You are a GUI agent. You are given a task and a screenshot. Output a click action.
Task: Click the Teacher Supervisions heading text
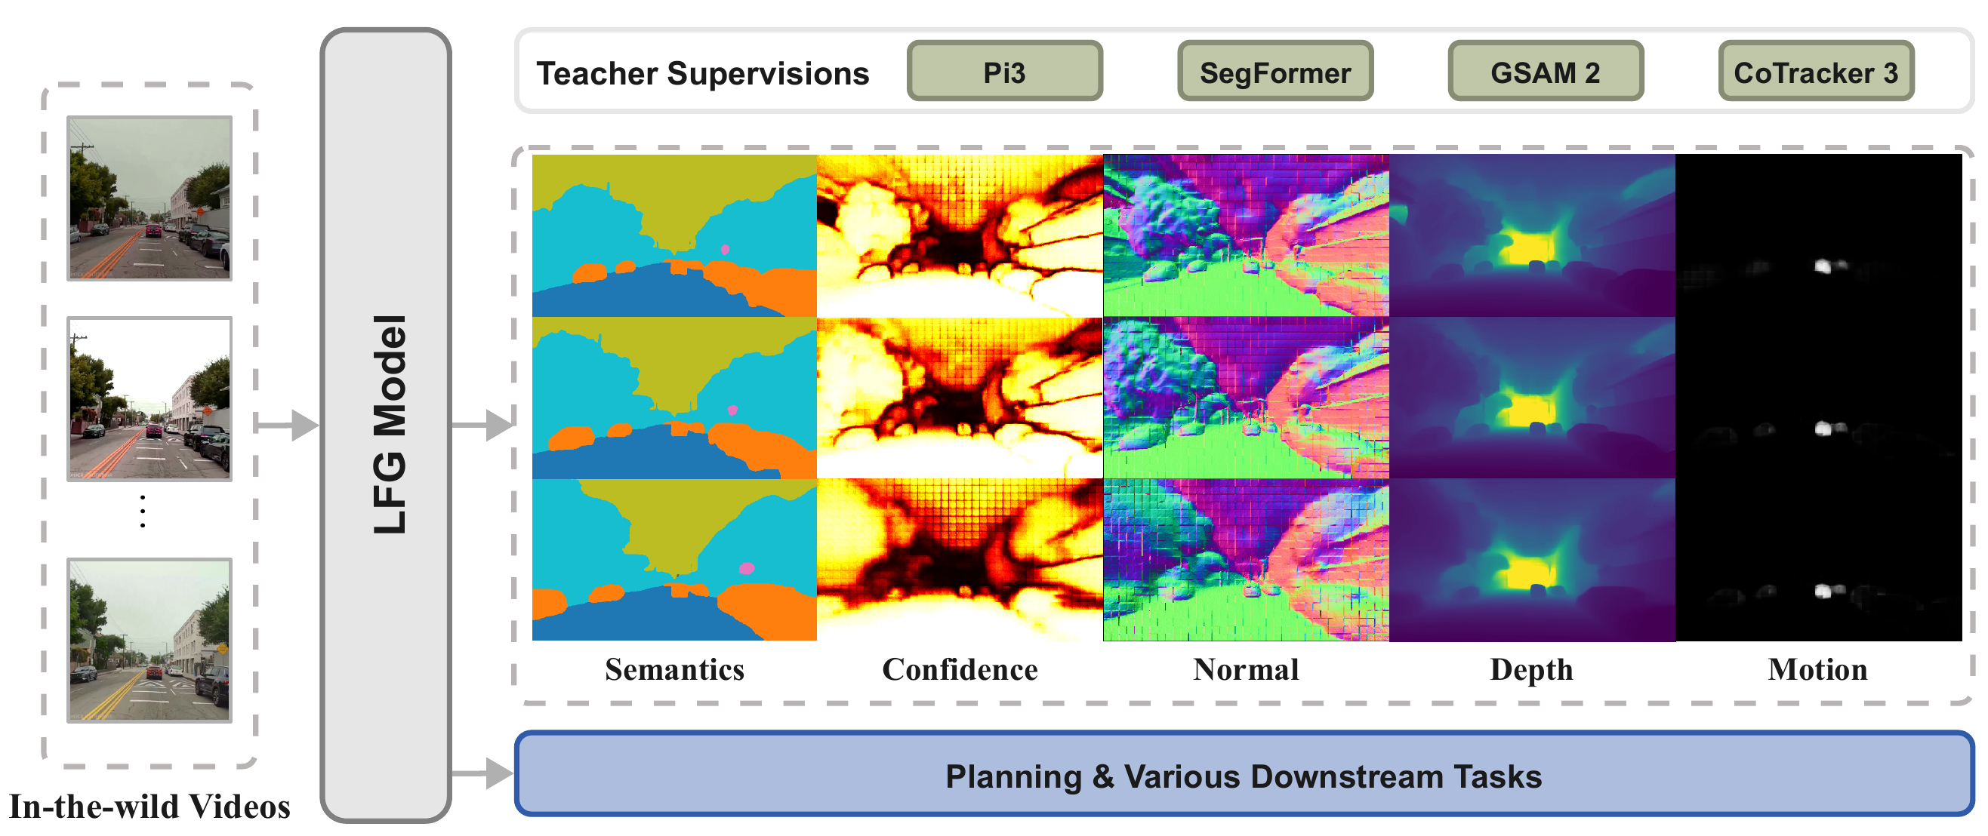click(702, 73)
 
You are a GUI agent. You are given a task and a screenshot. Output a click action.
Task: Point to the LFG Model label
click(389, 424)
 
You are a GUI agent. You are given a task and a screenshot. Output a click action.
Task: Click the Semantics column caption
click(674, 669)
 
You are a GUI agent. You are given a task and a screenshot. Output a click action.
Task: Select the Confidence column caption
click(960, 669)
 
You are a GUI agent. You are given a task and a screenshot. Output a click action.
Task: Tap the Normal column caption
click(1246, 669)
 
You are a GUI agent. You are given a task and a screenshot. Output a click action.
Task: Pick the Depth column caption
click(1531, 670)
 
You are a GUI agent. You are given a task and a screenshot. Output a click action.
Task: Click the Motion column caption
click(1817, 669)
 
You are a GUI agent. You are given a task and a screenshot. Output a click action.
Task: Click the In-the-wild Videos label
click(149, 807)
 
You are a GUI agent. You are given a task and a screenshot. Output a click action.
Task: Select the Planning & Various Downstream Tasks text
click(1244, 776)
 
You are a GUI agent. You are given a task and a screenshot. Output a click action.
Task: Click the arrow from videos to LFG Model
click(286, 425)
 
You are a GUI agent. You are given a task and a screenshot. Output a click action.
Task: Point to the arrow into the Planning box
click(482, 773)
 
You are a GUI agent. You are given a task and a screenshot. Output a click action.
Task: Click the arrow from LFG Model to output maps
click(482, 425)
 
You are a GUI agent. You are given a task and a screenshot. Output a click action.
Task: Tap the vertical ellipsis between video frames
click(143, 512)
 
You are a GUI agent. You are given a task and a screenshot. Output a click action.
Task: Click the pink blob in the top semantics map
click(725, 249)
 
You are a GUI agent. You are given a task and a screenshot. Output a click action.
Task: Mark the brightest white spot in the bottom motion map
click(1823, 592)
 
